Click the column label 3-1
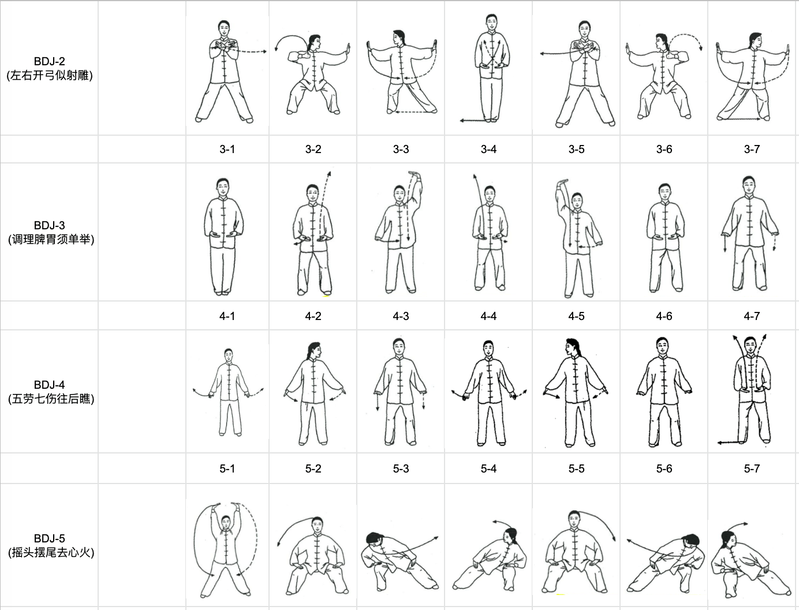tap(227, 149)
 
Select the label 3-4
tap(488, 149)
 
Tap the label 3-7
tap(752, 149)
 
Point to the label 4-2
tap(313, 316)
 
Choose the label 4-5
tap(576, 316)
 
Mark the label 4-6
tap(664, 316)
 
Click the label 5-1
tap(227, 468)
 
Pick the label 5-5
tap(576, 468)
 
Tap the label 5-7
tap(752, 468)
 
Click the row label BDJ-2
tap(50, 61)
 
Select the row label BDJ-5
tap(50, 538)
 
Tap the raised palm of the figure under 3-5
tap(562, 181)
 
